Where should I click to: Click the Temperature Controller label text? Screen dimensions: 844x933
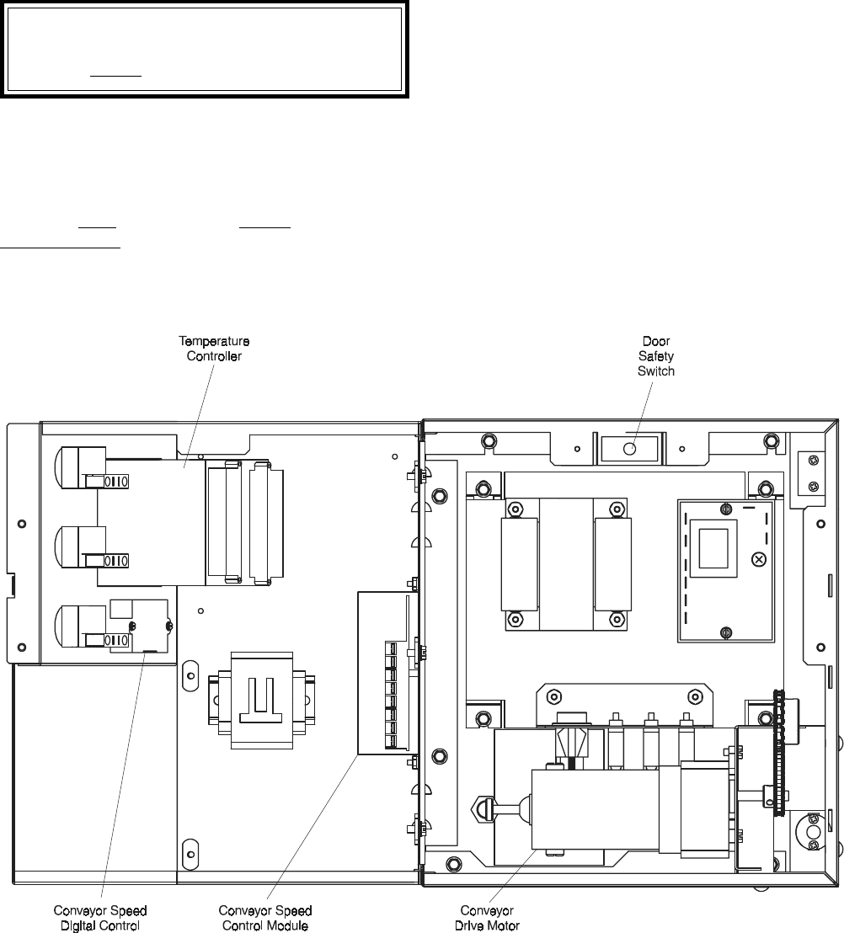click(214, 349)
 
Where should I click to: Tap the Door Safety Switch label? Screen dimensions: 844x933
click(656, 356)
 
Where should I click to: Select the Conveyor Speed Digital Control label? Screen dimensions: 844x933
click(100, 918)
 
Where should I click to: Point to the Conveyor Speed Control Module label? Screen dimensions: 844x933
click(264, 918)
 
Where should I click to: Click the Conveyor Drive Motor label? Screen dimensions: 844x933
click(487, 918)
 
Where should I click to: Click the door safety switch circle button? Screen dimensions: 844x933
click(630, 449)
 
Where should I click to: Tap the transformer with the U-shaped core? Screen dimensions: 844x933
click(262, 700)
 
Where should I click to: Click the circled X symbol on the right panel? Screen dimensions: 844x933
click(759, 559)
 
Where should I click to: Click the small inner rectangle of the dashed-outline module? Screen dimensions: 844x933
click(713, 548)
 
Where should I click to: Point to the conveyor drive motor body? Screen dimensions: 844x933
click(596, 809)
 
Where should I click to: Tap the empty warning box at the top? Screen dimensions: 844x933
click(204, 49)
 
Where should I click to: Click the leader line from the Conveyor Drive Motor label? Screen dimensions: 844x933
click(515, 877)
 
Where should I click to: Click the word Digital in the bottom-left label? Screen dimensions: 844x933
click(78, 926)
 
